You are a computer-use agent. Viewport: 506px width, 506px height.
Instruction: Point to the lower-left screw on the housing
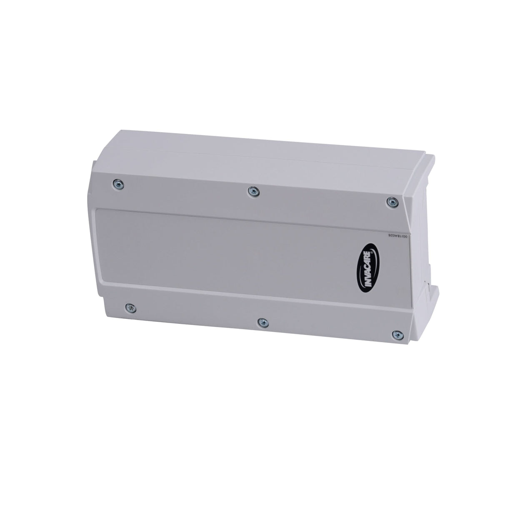pos(130,308)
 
